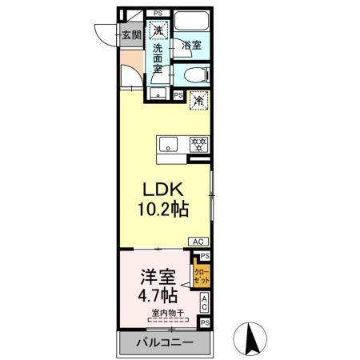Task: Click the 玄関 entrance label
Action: [131, 34]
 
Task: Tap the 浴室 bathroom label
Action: [190, 46]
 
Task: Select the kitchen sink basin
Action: [169, 145]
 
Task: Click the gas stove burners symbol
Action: [198, 145]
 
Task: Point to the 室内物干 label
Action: [165, 313]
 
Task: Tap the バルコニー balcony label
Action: [163, 343]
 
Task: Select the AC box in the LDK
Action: [197, 241]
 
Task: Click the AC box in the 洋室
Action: [205, 303]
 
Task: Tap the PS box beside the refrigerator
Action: [178, 94]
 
